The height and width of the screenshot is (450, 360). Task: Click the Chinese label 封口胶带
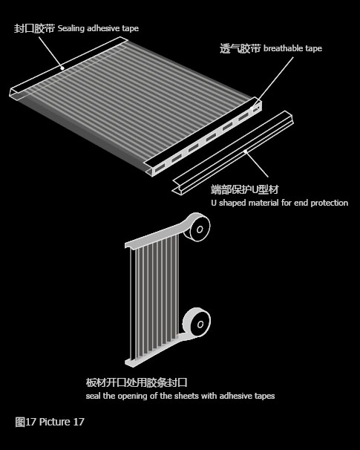(x=34, y=28)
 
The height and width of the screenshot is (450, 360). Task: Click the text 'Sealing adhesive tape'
(x=99, y=28)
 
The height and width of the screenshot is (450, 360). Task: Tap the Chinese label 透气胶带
(x=240, y=48)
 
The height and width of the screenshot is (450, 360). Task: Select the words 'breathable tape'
(x=293, y=48)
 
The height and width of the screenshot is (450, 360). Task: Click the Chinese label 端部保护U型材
(x=245, y=189)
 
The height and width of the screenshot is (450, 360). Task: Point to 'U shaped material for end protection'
(x=279, y=203)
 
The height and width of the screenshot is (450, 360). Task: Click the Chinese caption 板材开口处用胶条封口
(x=137, y=382)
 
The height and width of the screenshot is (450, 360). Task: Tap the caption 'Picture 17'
(x=62, y=422)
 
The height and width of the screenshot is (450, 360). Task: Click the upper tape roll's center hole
(x=200, y=229)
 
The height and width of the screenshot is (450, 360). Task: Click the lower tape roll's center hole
(x=200, y=325)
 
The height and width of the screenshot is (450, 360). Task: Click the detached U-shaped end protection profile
(x=233, y=152)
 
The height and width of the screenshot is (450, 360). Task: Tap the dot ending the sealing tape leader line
(x=62, y=68)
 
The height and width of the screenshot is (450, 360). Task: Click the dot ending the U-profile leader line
(x=245, y=151)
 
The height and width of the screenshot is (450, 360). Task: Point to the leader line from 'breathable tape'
(x=272, y=82)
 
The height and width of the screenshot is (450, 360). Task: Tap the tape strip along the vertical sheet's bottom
(x=155, y=351)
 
